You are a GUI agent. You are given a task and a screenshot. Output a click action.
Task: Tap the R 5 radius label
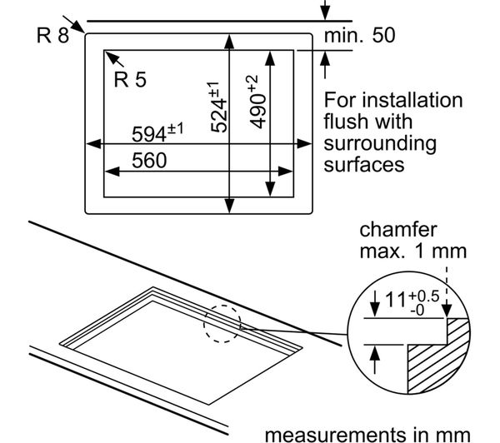130,80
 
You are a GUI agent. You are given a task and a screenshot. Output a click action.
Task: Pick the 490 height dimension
256,102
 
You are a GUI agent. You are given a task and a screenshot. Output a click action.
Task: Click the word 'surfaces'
363,164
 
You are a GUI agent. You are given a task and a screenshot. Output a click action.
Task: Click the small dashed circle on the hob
221,323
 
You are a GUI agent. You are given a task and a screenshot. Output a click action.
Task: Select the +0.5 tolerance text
425,295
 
